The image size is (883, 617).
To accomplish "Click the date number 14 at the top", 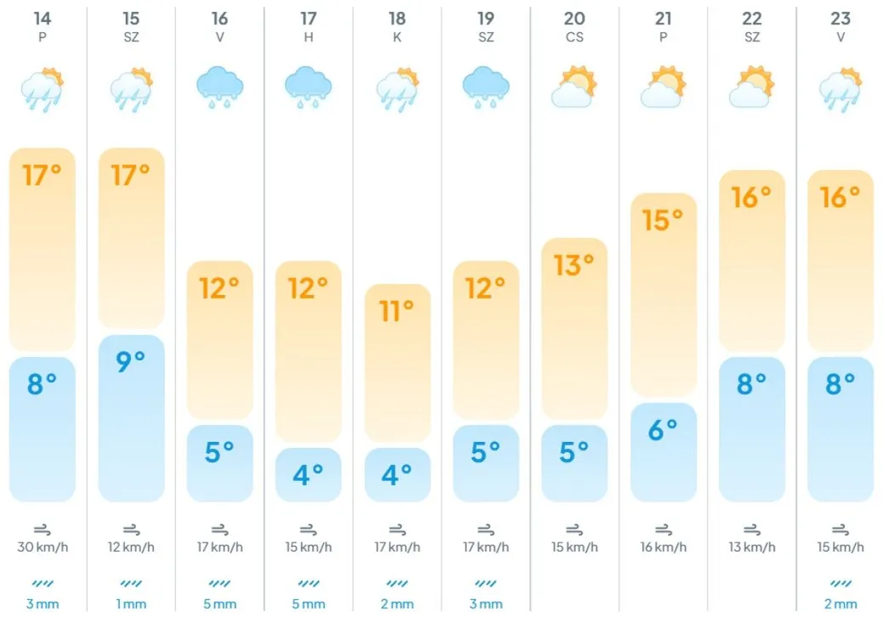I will (43, 19).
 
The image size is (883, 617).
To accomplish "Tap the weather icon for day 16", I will (219, 88).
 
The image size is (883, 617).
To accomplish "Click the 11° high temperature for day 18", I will (397, 311).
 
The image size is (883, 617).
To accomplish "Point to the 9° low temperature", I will (131, 361).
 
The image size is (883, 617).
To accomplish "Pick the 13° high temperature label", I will (574, 265).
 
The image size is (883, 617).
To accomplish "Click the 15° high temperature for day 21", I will (663, 220).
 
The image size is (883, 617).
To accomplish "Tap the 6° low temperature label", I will (663, 430).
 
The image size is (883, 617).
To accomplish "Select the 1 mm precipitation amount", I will (131, 604).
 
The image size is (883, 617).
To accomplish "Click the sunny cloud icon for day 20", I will (574, 87).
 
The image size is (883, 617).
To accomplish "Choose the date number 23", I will (840, 19).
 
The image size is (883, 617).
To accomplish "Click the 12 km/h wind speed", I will (131, 546).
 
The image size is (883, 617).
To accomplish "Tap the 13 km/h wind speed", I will (751, 546).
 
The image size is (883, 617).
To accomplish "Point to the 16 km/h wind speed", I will (663, 546).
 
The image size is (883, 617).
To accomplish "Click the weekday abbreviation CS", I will (574, 37).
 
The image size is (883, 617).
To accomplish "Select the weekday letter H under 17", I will (308, 37).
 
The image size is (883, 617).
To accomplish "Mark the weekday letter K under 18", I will (397, 37).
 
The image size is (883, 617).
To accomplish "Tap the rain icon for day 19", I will (486, 88).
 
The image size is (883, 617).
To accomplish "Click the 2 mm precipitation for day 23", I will (840, 604).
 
